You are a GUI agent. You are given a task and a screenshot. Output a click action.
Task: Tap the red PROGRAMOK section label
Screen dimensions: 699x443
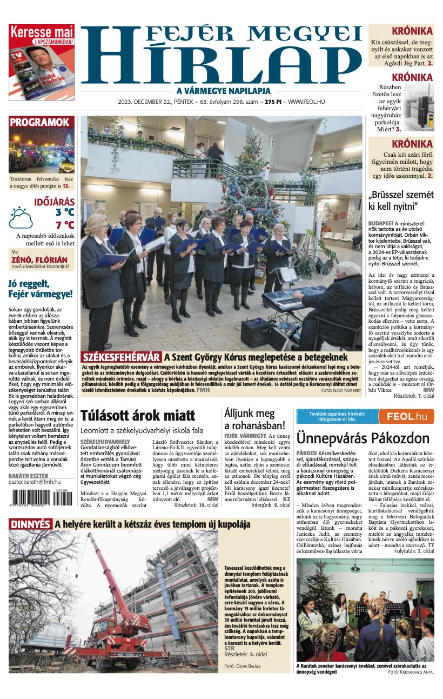[x=39, y=122]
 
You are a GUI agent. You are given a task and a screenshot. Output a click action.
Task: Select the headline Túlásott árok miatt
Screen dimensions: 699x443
[x=137, y=416]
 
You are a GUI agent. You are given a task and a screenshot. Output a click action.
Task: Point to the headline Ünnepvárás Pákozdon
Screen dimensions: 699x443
[x=363, y=437]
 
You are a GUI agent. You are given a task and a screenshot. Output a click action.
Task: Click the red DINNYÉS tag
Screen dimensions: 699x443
[x=30, y=524]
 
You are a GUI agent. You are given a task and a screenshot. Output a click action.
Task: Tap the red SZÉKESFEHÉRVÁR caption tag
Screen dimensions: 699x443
[x=122, y=357]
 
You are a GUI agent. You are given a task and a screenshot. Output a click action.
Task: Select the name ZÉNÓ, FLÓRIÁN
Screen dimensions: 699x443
[x=39, y=260]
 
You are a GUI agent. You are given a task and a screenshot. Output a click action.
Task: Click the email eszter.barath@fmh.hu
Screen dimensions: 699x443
[x=35, y=482]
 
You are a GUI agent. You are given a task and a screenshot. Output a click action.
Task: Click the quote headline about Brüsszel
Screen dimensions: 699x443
[x=400, y=201]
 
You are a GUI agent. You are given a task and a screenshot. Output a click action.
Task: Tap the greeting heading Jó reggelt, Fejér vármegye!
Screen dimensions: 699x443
[x=41, y=289]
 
